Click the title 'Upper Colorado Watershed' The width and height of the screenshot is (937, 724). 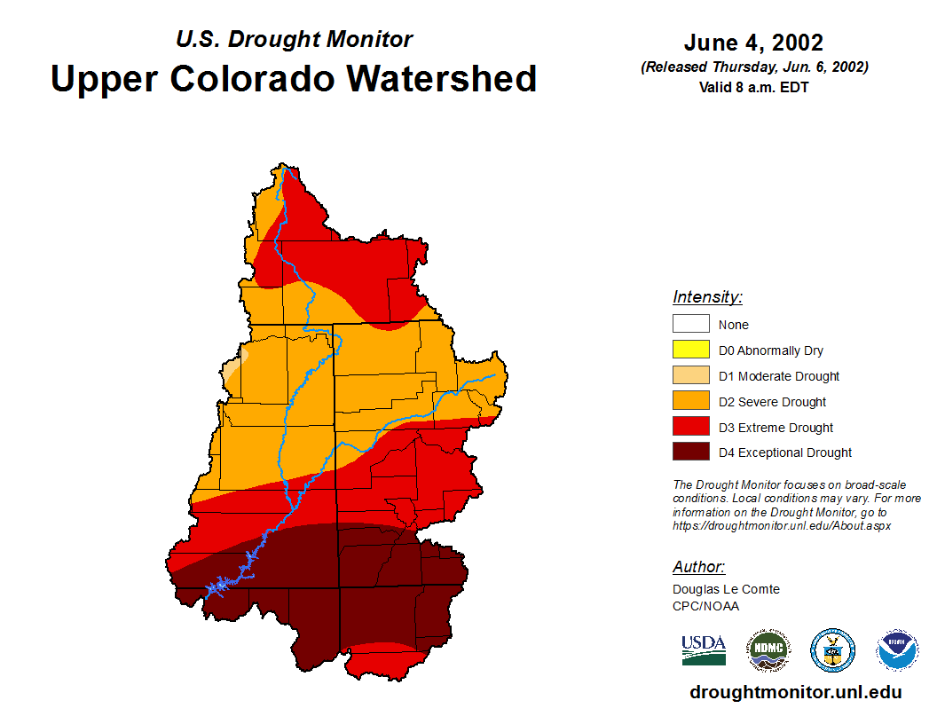point(294,78)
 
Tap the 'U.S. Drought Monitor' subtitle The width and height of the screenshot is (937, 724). point(294,39)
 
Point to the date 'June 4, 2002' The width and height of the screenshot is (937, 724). point(753,43)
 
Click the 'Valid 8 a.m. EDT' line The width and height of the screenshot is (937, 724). point(753,87)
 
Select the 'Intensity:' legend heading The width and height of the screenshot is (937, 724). point(707,297)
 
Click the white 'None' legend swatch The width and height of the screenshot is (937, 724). point(690,325)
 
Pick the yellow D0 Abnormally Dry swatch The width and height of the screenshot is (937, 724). point(690,350)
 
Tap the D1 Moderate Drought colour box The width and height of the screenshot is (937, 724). point(690,376)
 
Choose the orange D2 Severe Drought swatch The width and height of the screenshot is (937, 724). point(690,402)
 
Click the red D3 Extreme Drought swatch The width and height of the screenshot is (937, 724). point(690,428)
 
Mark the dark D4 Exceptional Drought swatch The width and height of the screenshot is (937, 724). point(690,452)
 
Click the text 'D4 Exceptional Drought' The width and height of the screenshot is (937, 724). point(785,452)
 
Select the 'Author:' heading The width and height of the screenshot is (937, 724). point(698,567)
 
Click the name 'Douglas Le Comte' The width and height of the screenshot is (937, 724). point(726,589)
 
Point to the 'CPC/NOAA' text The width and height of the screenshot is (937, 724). point(705,606)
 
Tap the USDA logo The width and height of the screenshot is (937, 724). point(704,649)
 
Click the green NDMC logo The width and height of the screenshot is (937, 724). point(768,650)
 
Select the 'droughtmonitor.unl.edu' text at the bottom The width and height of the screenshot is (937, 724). point(795,692)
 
